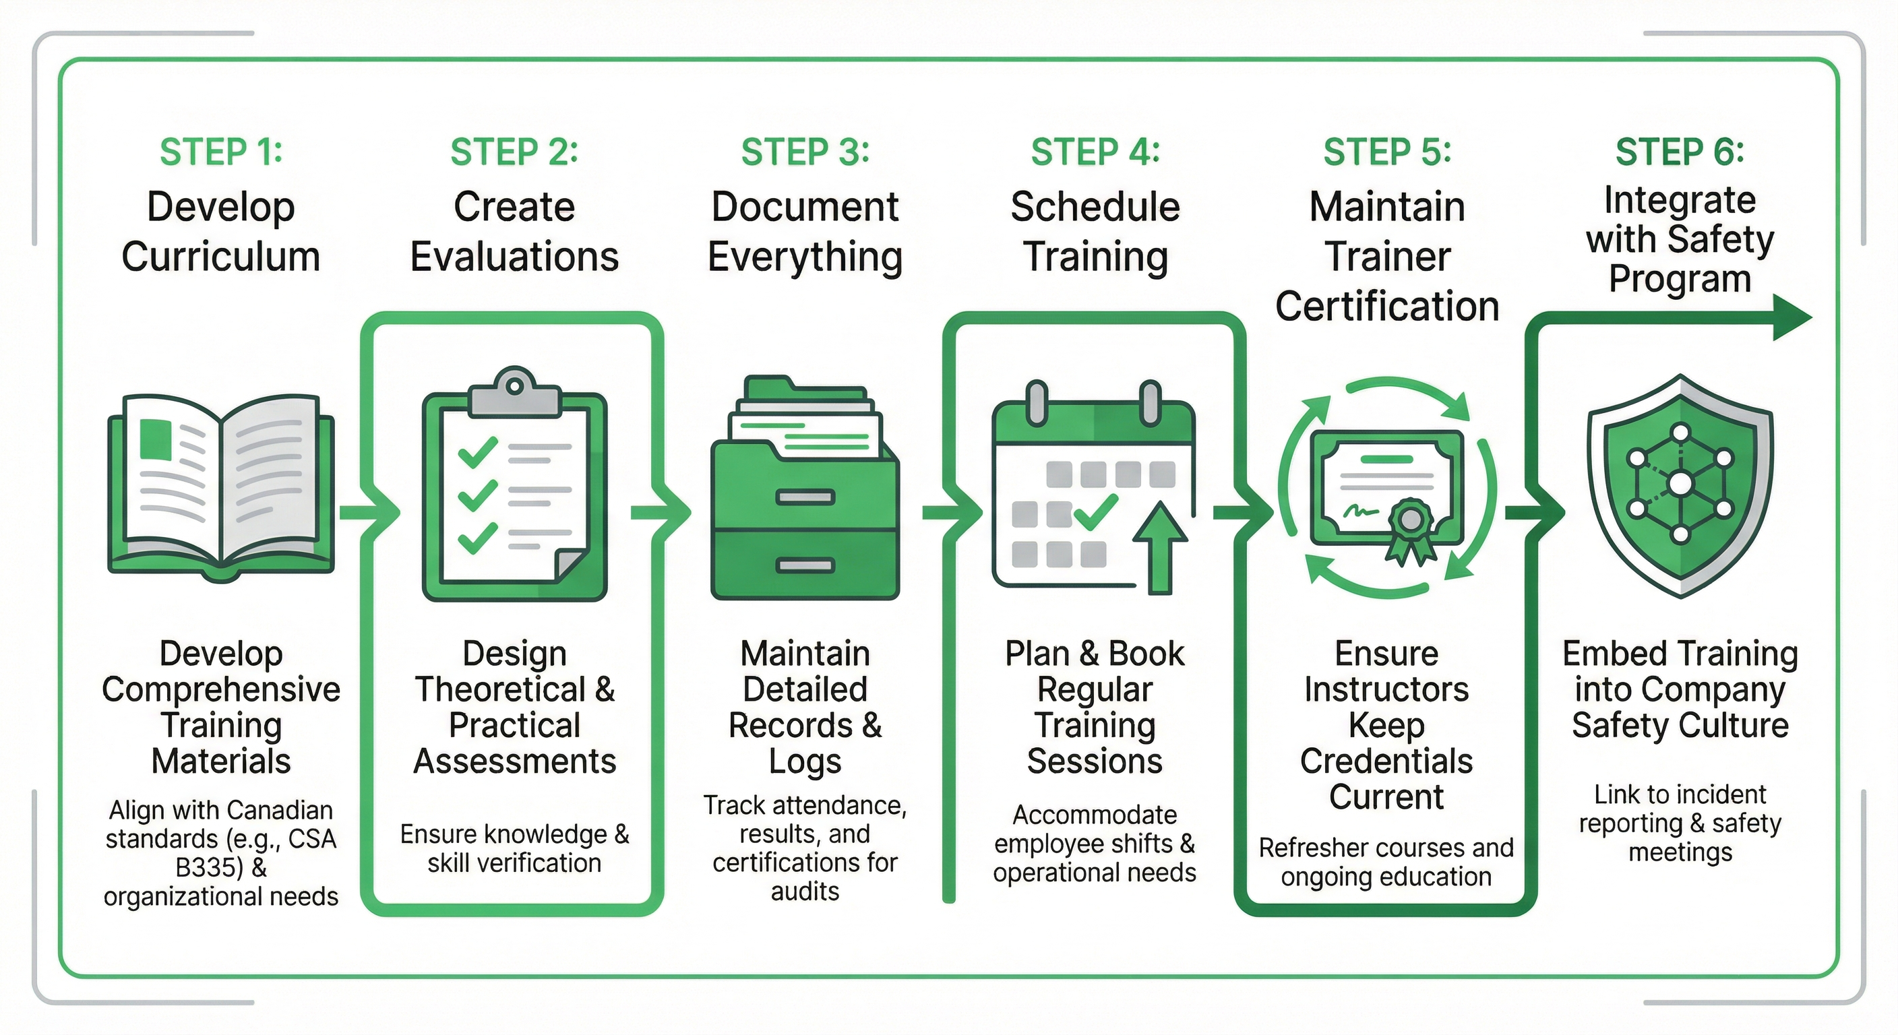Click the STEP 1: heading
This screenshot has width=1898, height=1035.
pos(221,152)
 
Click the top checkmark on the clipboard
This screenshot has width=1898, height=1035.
pos(477,451)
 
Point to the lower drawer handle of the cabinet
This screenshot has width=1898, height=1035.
pos(805,566)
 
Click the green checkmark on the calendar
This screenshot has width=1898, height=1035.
pos(1096,513)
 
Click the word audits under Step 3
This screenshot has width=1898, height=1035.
pos(805,891)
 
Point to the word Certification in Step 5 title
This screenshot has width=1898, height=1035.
pos(1386,307)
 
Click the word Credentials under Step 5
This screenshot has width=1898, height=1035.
pos(1386,761)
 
